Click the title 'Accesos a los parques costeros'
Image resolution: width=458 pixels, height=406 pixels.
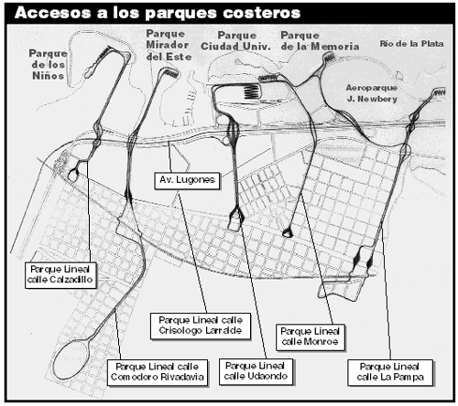click(158, 13)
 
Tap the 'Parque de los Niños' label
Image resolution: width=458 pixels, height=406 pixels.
click(48, 65)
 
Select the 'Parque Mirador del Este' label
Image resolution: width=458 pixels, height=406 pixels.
click(169, 45)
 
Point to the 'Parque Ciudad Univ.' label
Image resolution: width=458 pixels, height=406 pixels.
click(235, 41)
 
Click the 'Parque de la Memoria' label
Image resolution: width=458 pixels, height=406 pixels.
click(320, 41)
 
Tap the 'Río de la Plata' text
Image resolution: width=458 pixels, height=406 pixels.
click(411, 44)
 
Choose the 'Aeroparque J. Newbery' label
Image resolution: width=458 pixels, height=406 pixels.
click(372, 93)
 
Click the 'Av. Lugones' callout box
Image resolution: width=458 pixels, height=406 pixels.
click(187, 180)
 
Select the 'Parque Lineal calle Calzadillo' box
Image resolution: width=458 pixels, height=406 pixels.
click(60, 275)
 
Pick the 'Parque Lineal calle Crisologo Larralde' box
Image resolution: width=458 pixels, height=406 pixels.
click(201, 326)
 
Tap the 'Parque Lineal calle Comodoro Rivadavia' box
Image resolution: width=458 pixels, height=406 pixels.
click(158, 372)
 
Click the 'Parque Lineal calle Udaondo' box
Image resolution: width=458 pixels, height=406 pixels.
click(256, 371)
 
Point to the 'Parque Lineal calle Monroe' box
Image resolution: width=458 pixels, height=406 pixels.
click(311, 337)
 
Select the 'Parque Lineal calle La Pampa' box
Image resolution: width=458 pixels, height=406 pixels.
click(390, 372)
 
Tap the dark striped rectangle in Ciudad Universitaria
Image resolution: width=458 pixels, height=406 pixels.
click(252, 91)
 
